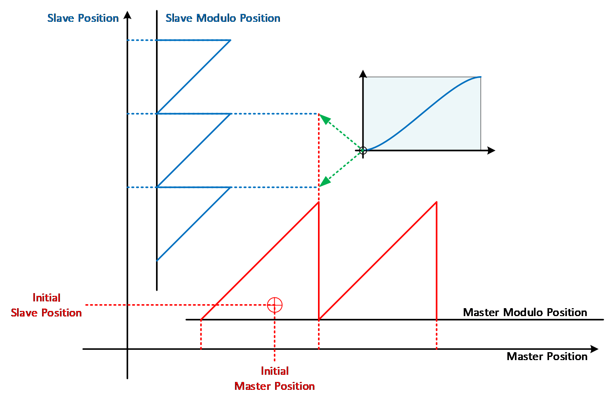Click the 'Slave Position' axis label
pyautogui.click(x=83, y=18)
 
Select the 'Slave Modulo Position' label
pyautogui.click(x=223, y=18)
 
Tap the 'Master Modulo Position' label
pyautogui.click(x=525, y=313)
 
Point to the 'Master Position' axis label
pyautogui.click(x=547, y=357)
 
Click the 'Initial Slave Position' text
pyautogui.click(x=46, y=305)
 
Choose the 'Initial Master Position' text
pyautogui.click(x=275, y=379)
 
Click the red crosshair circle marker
pyautogui.click(x=275, y=305)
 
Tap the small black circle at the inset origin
pyautogui.click(x=363, y=151)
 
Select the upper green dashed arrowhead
pyautogui.click(x=325, y=119)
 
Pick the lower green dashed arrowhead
pyautogui.click(x=325, y=182)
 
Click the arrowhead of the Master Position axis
pyautogui.click(x=594, y=349)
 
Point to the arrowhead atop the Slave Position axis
pyautogui.click(x=127, y=15)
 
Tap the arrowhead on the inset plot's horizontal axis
pyautogui.click(x=491, y=151)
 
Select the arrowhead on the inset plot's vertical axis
pyautogui.click(x=363, y=74)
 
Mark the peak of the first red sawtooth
pyautogui.click(x=318, y=202)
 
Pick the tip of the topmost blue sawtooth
pyautogui.click(x=231, y=40)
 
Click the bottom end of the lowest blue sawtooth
pyautogui.click(x=157, y=261)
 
